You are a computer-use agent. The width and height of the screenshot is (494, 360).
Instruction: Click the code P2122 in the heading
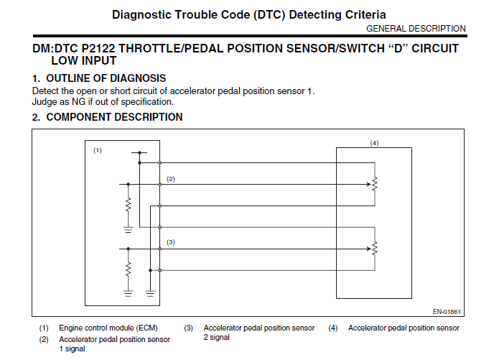(x=98, y=49)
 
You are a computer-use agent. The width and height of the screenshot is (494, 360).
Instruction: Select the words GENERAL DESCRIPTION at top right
(x=416, y=29)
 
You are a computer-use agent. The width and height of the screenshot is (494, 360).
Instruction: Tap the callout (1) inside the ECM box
(x=98, y=150)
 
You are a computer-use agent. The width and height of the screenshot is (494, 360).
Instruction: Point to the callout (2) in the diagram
(x=170, y=179)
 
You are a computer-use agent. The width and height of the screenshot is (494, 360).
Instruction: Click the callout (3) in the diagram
(x=170, y=242)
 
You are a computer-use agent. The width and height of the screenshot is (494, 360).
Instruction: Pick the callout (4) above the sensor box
(x=374, y=143)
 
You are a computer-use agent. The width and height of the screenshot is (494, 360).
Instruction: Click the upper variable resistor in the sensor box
(x=375, y=184)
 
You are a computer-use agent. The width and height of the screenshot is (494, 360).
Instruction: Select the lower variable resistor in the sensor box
(x=375, y=249)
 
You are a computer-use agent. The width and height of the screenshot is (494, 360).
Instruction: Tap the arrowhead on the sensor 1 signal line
(x=368, y=184)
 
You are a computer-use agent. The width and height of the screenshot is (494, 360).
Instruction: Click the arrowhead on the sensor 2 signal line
(x=368, y=249)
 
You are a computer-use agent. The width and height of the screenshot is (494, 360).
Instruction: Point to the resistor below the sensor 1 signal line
(x=128, y=205)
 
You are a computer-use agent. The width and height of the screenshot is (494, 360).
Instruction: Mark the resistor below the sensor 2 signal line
(x=128, y=269)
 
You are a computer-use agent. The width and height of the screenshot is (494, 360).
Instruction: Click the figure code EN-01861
(x=447, y=312)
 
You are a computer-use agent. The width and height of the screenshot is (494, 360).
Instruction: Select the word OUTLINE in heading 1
(x=67, y=78)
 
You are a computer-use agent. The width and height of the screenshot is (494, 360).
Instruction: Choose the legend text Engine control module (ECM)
(x=108, y=328)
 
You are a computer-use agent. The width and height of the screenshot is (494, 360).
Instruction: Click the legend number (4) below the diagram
(x=332, y=328)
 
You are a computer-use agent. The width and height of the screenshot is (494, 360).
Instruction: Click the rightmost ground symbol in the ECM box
(x=150, y=294)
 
